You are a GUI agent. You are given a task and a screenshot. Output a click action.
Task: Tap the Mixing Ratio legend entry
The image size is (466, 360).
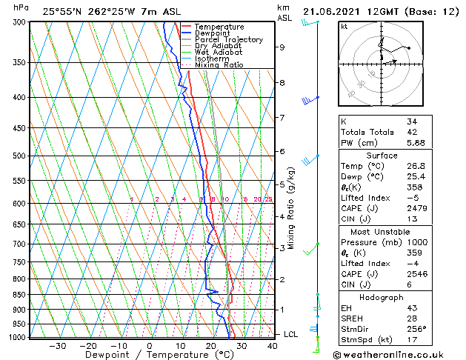[x=219, y=65]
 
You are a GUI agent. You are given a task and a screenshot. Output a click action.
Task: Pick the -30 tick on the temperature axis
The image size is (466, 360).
[x=57, y=345]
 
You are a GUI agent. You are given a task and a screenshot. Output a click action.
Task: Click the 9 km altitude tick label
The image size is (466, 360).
[x=282, y=47]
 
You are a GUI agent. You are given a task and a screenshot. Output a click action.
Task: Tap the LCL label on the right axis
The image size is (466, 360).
[x=290, y=335]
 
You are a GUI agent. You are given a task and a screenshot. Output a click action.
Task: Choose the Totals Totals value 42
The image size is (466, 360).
[x=412, y=133]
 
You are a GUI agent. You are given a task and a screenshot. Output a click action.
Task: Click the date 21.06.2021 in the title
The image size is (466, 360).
[x=333, y=11]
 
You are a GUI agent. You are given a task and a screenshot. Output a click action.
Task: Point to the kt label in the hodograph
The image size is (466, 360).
[x=344, y=26]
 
